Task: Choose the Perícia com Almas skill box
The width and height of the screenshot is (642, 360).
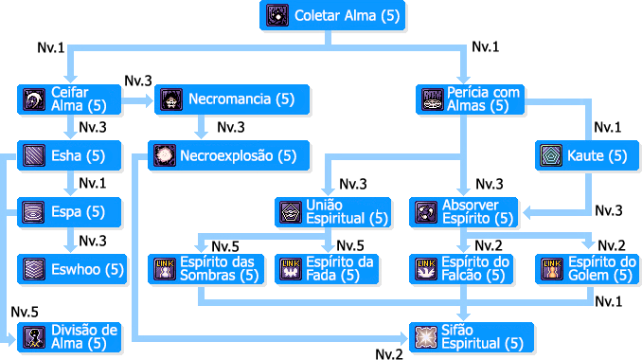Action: coord(471,99)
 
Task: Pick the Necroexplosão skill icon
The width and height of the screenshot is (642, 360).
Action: coord(164,155)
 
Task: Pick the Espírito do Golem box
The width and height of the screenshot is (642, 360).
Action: coord(587,268)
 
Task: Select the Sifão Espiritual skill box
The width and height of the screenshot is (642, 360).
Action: coord(471,336)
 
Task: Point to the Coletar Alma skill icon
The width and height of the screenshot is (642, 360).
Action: coord(277,15)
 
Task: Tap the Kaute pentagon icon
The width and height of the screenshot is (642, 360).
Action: coord(550,155)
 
